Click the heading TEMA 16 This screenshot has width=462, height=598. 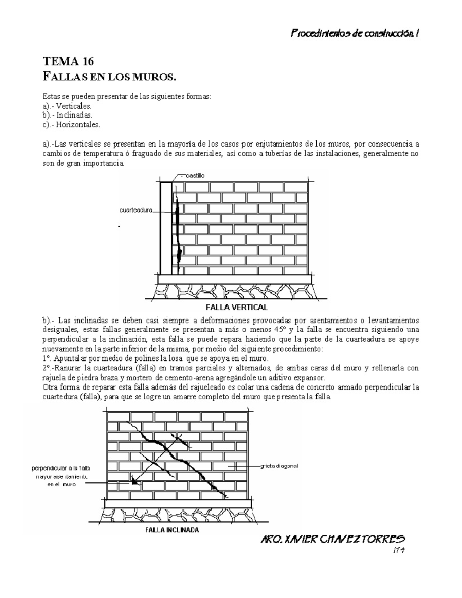[68, 62]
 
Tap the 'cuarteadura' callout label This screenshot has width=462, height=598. [136, 210]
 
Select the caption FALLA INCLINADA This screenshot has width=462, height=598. [172, 530]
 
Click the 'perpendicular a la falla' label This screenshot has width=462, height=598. [60, 468]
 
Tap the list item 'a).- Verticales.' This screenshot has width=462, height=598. [67, 106]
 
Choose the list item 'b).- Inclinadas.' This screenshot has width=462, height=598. [68, 115]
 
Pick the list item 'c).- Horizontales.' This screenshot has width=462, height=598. [71, 124]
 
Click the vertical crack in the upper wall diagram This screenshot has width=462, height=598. [178, 227]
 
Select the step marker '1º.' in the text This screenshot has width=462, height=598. [47, 358]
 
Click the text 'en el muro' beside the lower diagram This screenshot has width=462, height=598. [62, 485]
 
